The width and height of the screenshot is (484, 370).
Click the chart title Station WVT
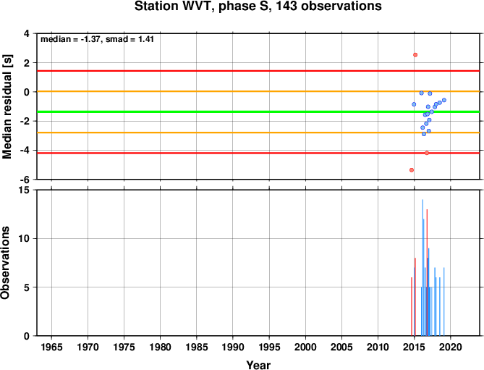click(x=258, y=6)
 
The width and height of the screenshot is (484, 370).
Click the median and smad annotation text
click(x=97, y=39)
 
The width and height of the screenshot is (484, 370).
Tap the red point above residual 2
click(x=415, y=55)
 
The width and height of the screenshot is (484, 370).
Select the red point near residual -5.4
click(x=412, y=170)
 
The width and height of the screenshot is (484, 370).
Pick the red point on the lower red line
click(x=427, y=153)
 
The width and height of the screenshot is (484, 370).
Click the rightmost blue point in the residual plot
click(x=444, y=100)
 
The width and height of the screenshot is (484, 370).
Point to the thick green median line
click(x=258, y=112)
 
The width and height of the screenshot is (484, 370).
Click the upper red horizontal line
click(x=258, y=71)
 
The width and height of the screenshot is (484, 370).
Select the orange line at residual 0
click(x=258, y=91)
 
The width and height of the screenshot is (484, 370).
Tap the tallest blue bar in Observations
click(x=423, y=267)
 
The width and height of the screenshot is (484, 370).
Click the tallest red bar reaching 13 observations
click(x=427, y=272)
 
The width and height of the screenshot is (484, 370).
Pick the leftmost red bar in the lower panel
click(x=412, y=306)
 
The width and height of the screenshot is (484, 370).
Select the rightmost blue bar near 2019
click(x=444, y=301)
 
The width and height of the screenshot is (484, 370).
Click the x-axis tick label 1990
click(x=233, y=347)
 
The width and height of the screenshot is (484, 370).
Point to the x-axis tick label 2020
click(x=450, y=347)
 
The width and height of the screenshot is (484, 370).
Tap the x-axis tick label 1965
click(x=51, y=347)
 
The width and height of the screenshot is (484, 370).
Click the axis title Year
click(x=258, y=365)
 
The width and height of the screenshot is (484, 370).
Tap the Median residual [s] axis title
click(x=7, y=106)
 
